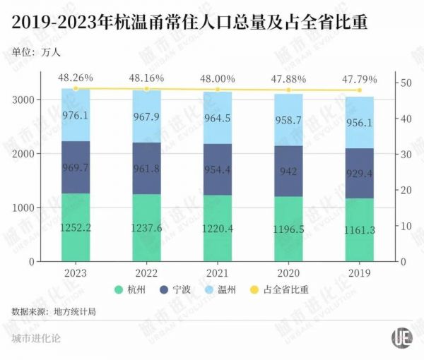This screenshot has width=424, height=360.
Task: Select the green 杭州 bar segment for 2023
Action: (76, 227)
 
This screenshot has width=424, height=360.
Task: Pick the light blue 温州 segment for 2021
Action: (217, 118)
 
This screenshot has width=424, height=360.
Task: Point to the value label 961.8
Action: (146, 170)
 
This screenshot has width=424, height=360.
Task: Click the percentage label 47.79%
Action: (358, 78)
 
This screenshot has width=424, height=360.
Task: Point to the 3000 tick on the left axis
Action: (25, 100)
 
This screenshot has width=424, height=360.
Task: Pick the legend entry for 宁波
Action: (177, 290)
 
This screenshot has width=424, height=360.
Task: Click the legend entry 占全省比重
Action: (283, 290)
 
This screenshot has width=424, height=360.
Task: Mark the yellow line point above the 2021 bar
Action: (217, 89)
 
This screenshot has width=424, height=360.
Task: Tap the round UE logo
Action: (401, 337)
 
